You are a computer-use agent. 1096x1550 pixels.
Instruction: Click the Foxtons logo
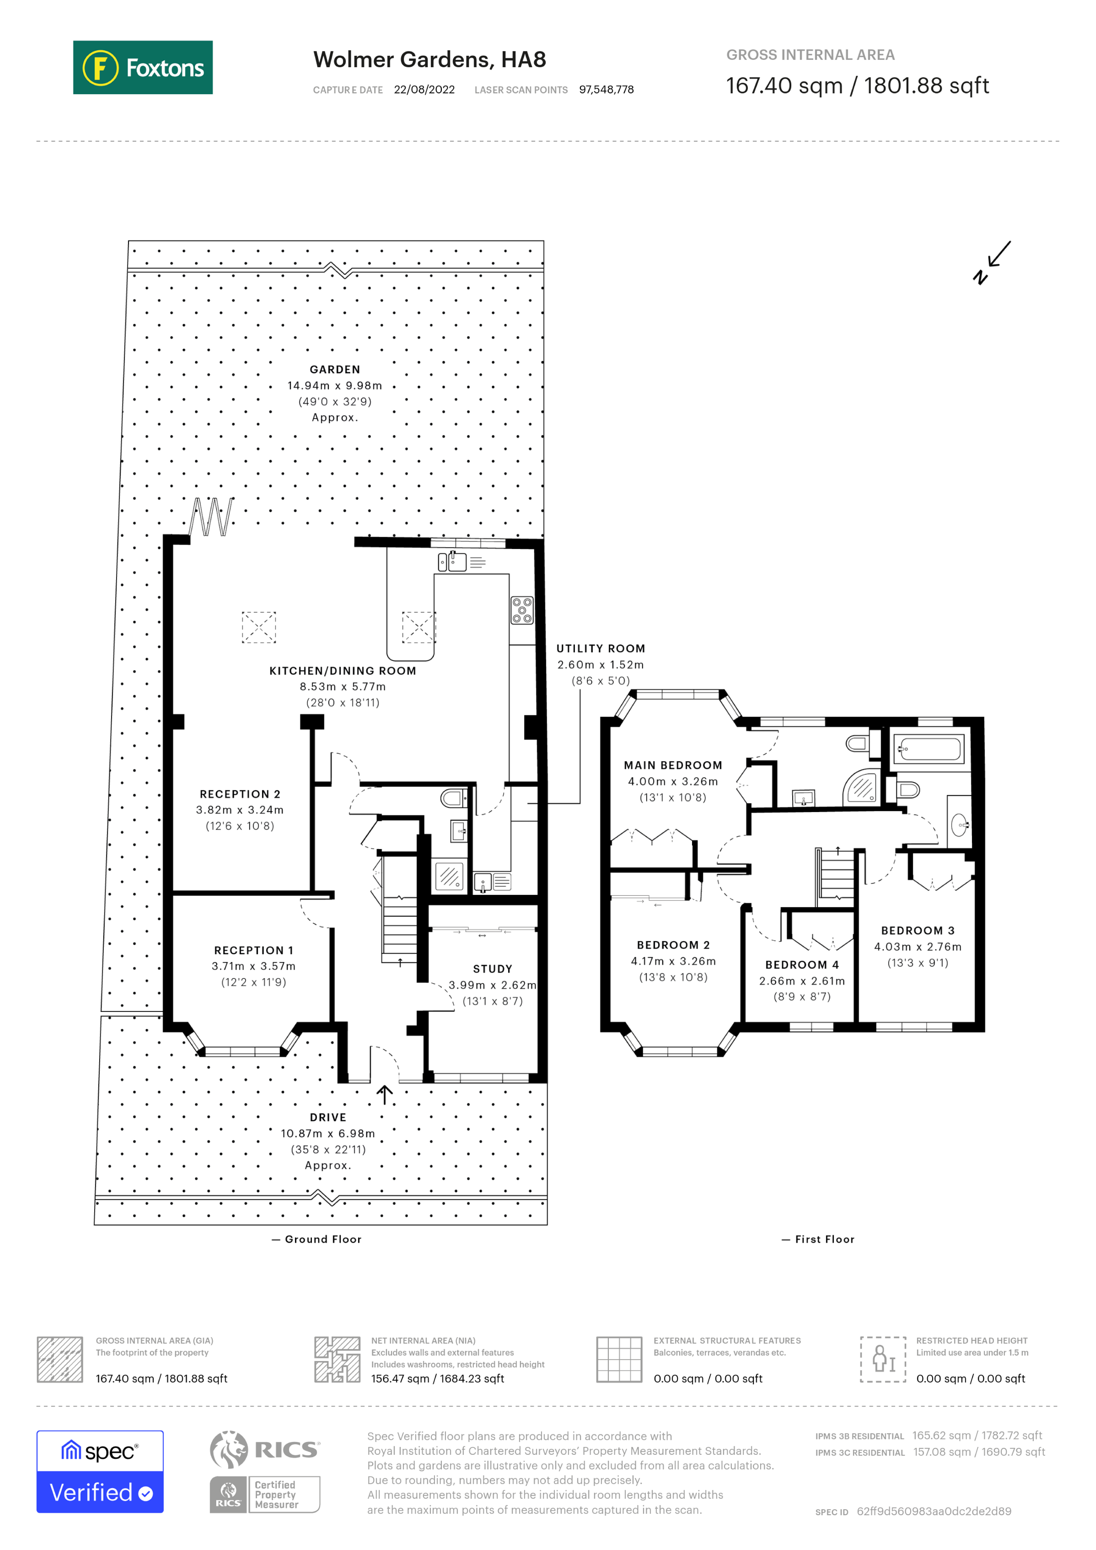(x=142, y=67)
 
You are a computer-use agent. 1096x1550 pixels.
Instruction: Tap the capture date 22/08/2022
(x=424, y=90)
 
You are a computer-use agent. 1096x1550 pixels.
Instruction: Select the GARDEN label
(x=335, y=369)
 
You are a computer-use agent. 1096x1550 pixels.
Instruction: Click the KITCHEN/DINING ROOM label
(x=342, y=670)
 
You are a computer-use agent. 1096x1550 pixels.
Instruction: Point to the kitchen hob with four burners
(x=522, y=610)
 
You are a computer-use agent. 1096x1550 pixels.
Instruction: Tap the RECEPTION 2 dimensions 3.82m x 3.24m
(x=240, y=810)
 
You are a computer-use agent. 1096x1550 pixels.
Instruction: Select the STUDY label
(x=492, y=968)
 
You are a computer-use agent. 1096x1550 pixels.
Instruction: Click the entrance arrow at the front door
(x=385, y=1094)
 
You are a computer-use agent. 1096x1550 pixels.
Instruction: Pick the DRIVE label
(x=328, y=1117)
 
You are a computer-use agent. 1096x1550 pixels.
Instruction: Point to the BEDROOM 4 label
(x=802, y=965)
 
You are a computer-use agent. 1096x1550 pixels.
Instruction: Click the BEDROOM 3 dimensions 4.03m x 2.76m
(x=917, y=947)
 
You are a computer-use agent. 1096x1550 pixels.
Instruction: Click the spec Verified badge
(x=100, y=1472)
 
